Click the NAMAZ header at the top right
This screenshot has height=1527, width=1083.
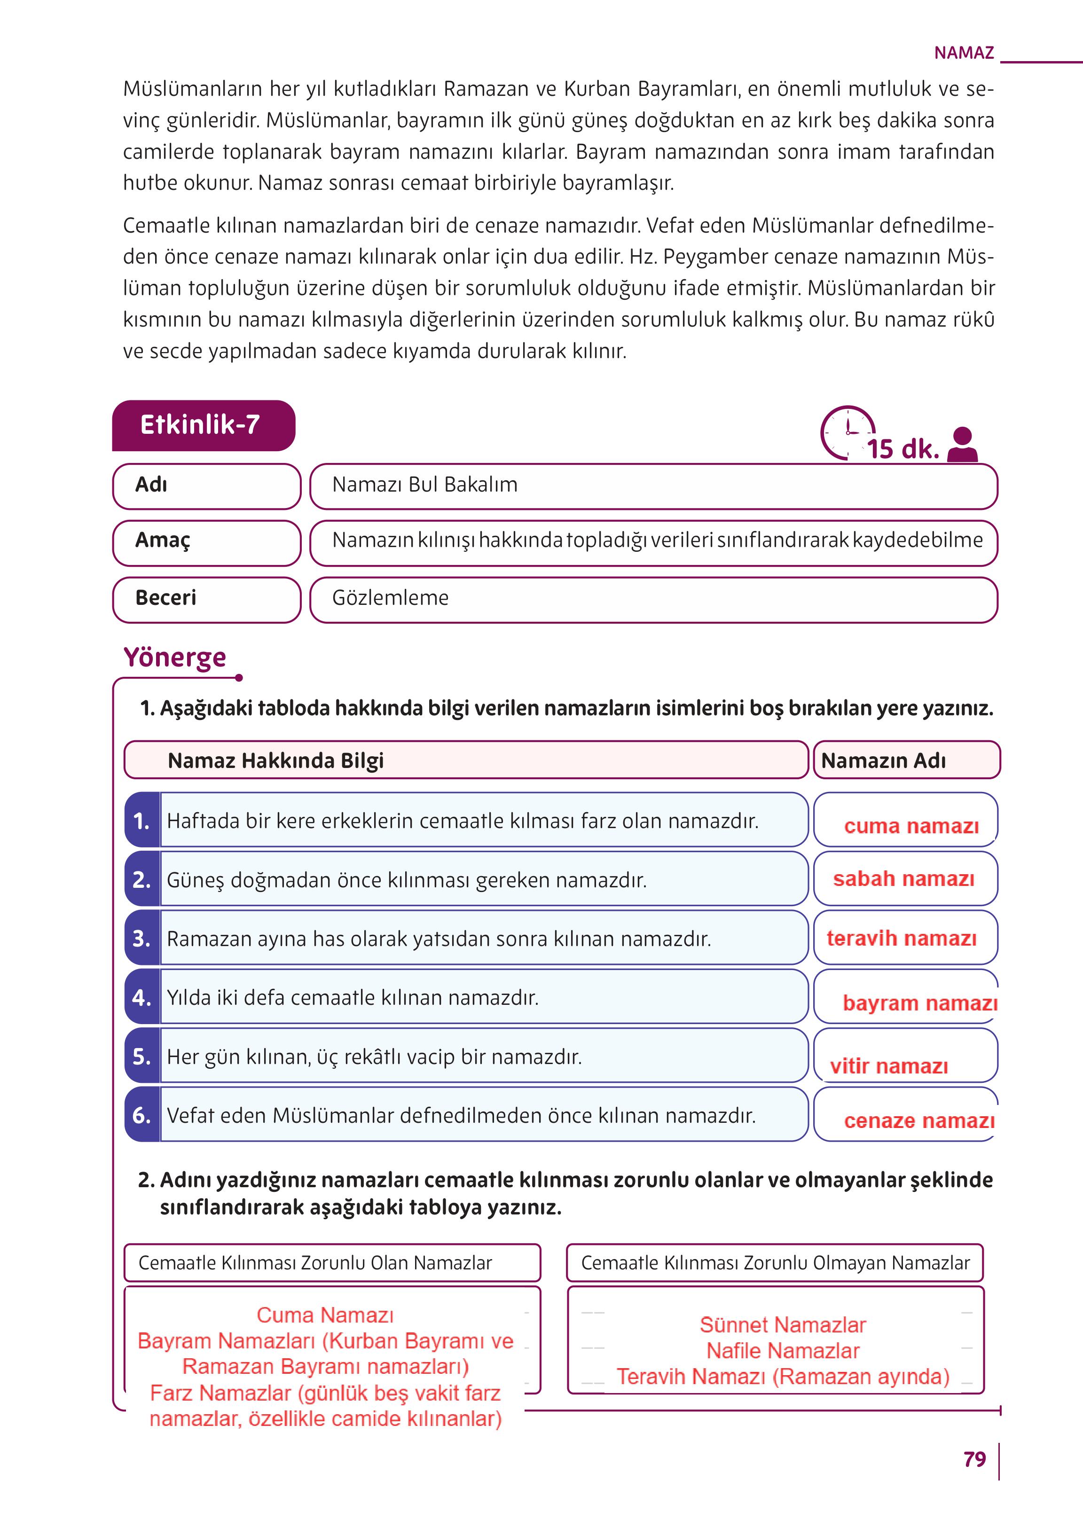(x=964, y=53)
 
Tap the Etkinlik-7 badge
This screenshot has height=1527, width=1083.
(x=200, y=425)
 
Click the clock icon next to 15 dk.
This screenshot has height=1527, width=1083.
(x=847, y=431)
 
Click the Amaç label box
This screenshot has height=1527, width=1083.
(x=207, y=541)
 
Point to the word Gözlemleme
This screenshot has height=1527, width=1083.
(x=390, y=597)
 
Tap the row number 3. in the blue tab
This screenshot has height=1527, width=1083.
(x=141, y=938)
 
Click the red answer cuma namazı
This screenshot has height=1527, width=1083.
(x=911, y=826)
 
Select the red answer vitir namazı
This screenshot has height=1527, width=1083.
(x=888, y=1065)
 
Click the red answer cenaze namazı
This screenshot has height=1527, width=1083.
(x=919, y=1120)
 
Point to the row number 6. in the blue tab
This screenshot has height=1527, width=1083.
(x=141, y=1115)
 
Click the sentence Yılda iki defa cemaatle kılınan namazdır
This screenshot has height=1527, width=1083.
(x=352, y=997)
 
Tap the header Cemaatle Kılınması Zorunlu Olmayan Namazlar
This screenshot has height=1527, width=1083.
(x=775, y=1263)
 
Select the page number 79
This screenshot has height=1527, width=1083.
(x=974, y=1459)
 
